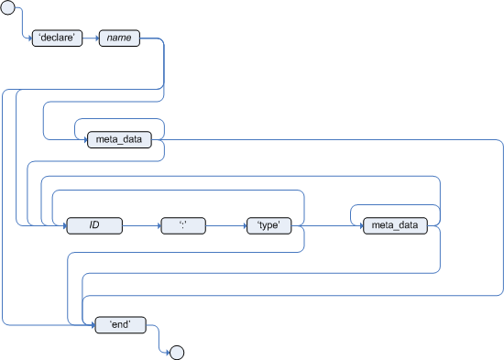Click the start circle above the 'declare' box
pos(10,9)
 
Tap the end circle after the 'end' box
pos(178,351)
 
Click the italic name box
pos(118,39)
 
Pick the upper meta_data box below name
pos(118,139)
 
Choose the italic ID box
pos(93,224)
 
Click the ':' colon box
pos(182,224)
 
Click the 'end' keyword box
pos(119,323)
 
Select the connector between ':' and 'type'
pos(225,224)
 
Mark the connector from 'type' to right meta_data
pos(326,224)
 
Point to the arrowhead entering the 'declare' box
pos(30,39)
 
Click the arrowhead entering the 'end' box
pos(93,323)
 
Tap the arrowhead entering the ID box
pos(64,224)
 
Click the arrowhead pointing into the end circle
pos(167,351)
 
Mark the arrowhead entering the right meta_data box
pos(358,224)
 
